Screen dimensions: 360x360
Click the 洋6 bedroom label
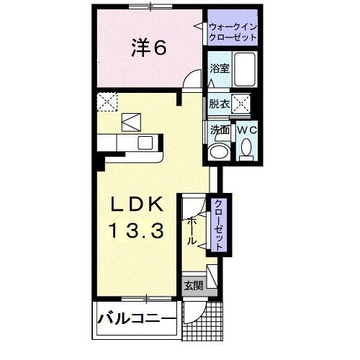(x=149, y=48)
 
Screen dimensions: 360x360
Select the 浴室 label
(x=219, y=70)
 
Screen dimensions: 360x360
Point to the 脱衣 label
(x=219, y=104)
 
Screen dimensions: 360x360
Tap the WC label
(x=245, y=130)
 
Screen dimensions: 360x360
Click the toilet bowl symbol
(x=246, y=149)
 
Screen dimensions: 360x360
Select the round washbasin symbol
(x=217, y=153)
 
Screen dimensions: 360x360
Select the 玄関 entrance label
(x=192, y=284)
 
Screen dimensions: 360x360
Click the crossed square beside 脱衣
(x=240, y=104)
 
